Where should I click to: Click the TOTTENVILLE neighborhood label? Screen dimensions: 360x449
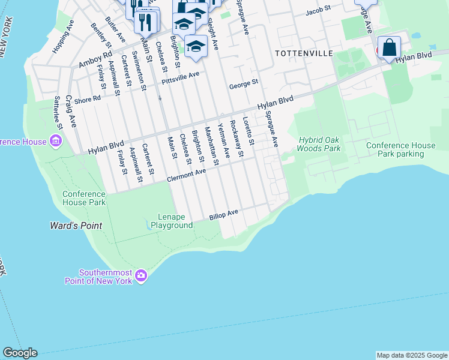click(303, 53)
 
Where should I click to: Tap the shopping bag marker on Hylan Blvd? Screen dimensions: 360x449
click(390, 47)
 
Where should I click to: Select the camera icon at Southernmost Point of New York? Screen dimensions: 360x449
click(141, 276)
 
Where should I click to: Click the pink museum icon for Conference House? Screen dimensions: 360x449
click(56, 142)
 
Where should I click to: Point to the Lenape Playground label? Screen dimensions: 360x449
click(175, 221)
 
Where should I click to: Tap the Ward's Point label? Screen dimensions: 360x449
click(76, 226)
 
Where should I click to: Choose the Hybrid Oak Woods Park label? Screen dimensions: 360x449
click(319, 144)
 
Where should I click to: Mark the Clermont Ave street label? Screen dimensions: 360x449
click(186, 173)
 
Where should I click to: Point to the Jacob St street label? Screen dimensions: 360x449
click(318, 11)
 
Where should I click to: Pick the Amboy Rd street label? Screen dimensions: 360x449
click(95, 59)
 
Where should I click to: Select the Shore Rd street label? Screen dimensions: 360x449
click(88, 98)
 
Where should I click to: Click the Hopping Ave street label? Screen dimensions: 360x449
click(62, 38)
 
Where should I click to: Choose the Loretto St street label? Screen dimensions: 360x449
click(249, 131)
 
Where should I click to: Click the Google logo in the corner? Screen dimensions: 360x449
click(20, 353)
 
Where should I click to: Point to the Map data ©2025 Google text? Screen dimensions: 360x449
click(411, 355)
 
